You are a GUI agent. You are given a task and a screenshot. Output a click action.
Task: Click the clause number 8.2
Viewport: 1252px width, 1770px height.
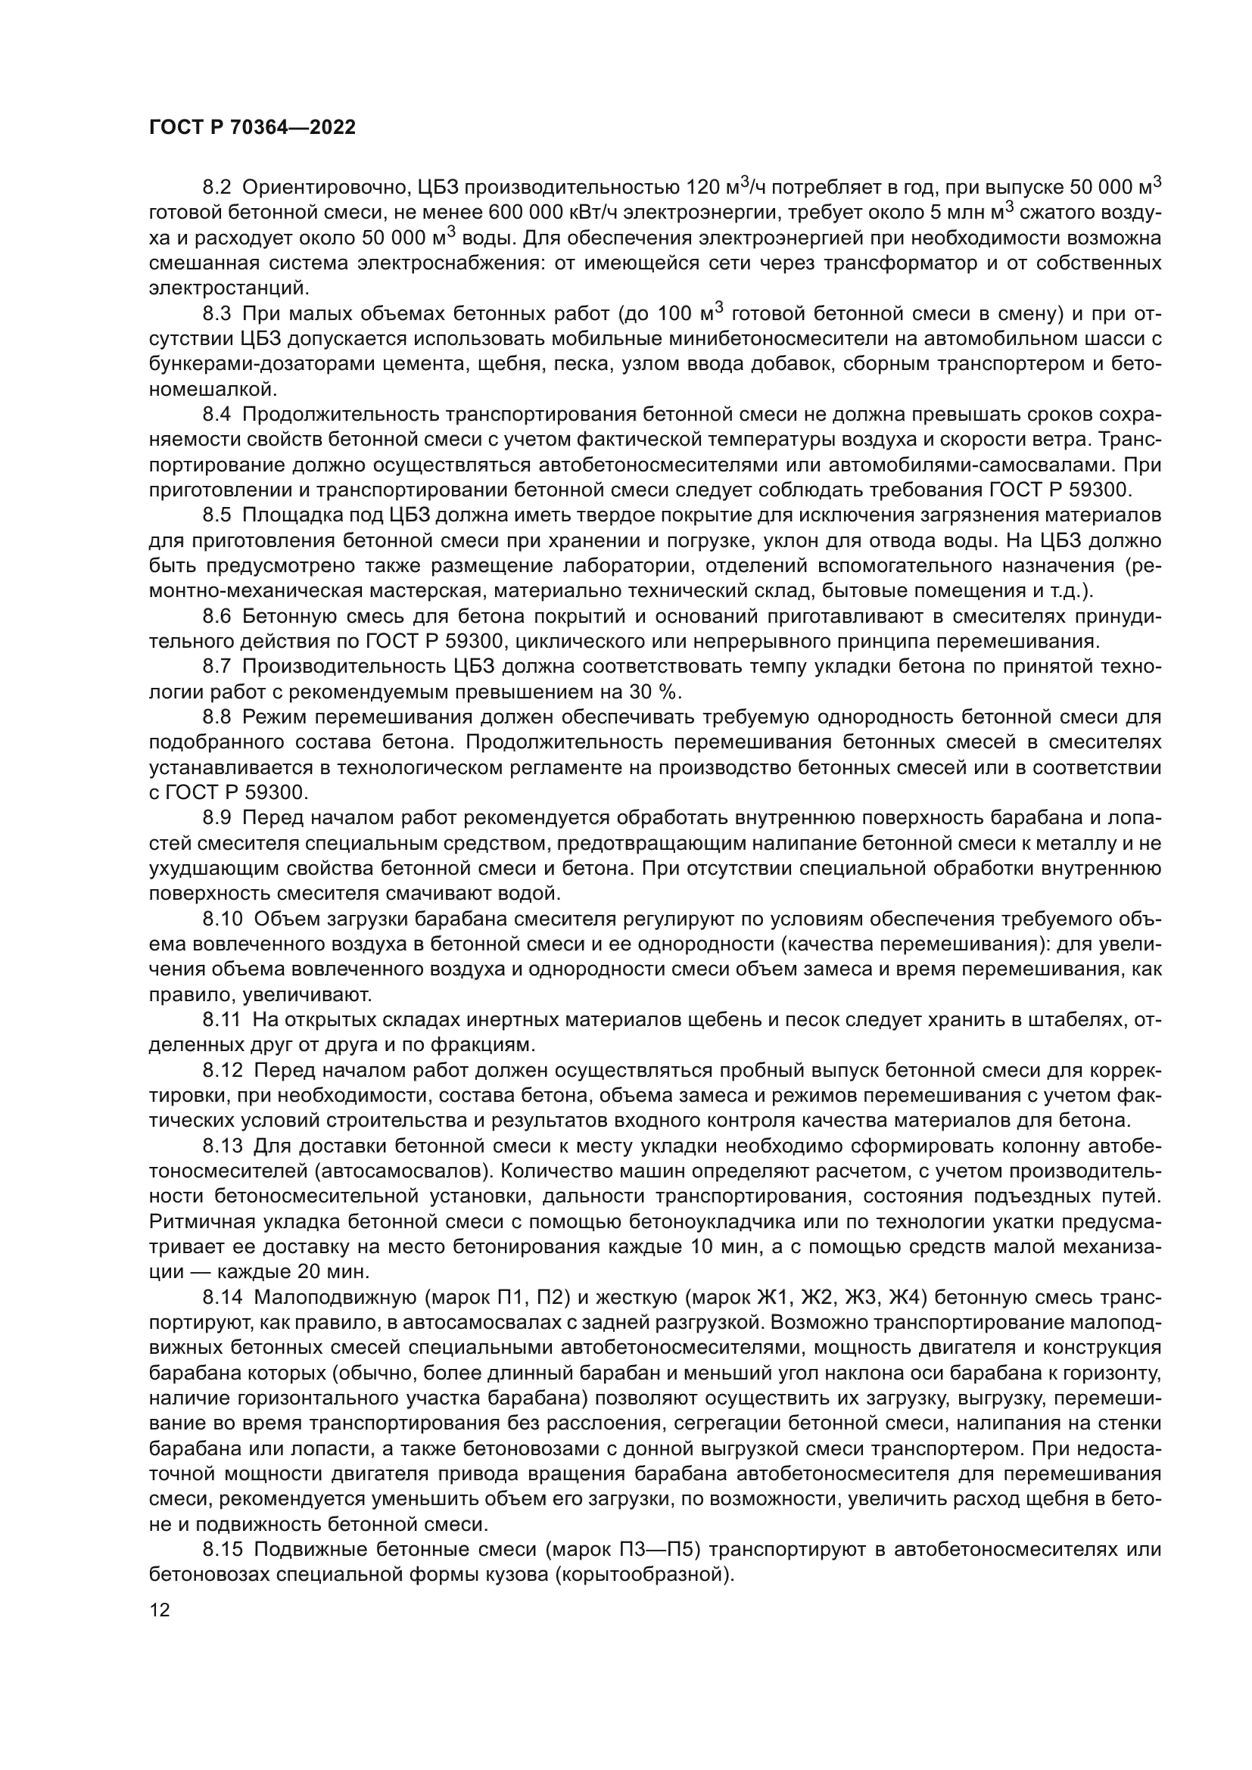[217, 188]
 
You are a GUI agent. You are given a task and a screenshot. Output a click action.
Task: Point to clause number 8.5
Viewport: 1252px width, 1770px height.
[217, 515]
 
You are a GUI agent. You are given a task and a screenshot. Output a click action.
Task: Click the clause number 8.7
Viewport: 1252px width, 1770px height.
[217, 666]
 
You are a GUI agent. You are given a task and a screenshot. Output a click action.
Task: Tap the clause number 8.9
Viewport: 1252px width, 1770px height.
[217, 818]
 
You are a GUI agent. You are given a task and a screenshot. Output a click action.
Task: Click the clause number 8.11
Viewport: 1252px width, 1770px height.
[222, 1020]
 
